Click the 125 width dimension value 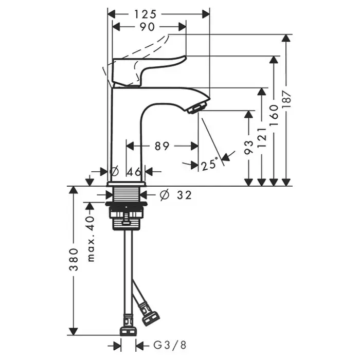pyautogui.click(x=145, y=14)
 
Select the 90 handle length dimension pyautogui.click(x=147, y=27)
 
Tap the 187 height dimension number pyautogui.click(x=286, y=99)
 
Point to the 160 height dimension pyautogui.click(x=274, y=115)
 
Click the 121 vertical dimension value pyautogui.click(x=262, y=137)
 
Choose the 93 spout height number pyautogui.click(x=249, y=147)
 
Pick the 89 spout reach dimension pyautogui.click(x=162, y=146)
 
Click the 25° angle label pyautogui.click(x=209, y=164)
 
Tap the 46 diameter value pyautogui.click(x=134, y=171)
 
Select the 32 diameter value pyautogui.click(x=184, y=195)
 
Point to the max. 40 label pyautogui.click(x=91, y=239)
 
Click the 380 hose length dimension pyautogui.click(x=74, y=259)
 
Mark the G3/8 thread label pyautogui.click(x=170, y=345)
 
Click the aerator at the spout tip pyautogui.click(x=197, y=108)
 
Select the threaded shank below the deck pyautogui.click(x=127, y=194)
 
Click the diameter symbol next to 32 pyautogui.click(x=165, y=195)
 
